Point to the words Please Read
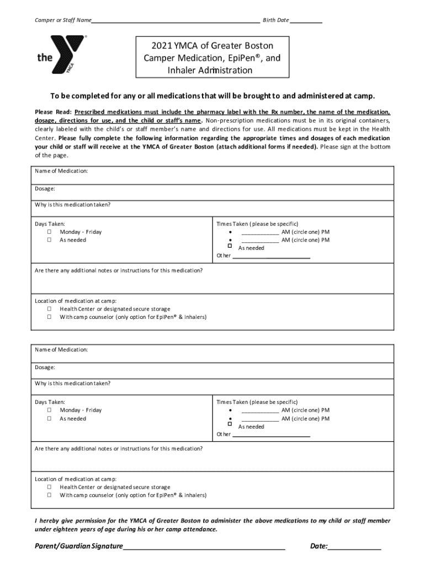coord(53,111)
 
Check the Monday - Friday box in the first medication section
coord(49,232)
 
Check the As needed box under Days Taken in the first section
coord(49,241)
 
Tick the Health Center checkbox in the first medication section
coord(49,310)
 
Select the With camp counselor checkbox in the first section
coord(49,317)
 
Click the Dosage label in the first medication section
coord(45,189)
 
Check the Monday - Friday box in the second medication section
coord(49,411)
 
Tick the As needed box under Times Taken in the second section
coord(230,424)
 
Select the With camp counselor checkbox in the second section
coord(49,495)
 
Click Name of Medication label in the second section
coord(61,350)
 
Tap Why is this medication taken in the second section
coord(72,383)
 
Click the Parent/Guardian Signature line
coord(204,546)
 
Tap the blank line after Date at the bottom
coord(354,546)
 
